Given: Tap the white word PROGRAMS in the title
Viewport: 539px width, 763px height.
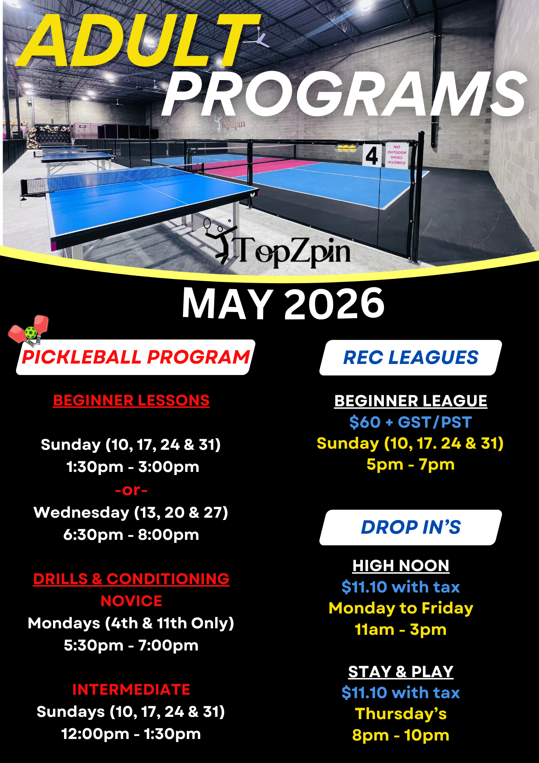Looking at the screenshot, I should coord(343,95).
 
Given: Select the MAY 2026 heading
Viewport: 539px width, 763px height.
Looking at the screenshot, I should coord(283,303).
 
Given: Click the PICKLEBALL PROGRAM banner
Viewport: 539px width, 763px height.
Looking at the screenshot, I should coord(136,357).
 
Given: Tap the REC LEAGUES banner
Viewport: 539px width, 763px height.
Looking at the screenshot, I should coord(411,357).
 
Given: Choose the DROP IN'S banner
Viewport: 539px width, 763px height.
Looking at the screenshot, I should coord(411,527).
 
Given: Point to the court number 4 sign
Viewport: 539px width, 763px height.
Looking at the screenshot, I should coord(371,156).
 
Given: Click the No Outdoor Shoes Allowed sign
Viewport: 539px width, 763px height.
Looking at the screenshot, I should coord(396,155).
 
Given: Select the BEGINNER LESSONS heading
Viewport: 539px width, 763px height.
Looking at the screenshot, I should coord(131,401).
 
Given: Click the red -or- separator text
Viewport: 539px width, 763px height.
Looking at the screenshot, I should coord(131,490).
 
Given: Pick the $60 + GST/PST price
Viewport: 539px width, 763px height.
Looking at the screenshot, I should coord(411,422).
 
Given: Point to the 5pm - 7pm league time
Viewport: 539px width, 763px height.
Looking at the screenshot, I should coord(411,465).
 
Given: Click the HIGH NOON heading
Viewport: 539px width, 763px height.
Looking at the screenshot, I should coord(401,566).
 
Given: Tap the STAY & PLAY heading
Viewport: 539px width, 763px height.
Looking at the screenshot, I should coord(401,672).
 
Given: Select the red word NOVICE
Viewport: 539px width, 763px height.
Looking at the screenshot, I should coord(131,601).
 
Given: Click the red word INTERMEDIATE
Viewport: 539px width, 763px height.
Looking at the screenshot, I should coord(131,689).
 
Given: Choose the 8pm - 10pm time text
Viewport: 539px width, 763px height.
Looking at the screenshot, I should coord(401,735).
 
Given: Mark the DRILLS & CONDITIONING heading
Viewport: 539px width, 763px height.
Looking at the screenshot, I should coord(131,579).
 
